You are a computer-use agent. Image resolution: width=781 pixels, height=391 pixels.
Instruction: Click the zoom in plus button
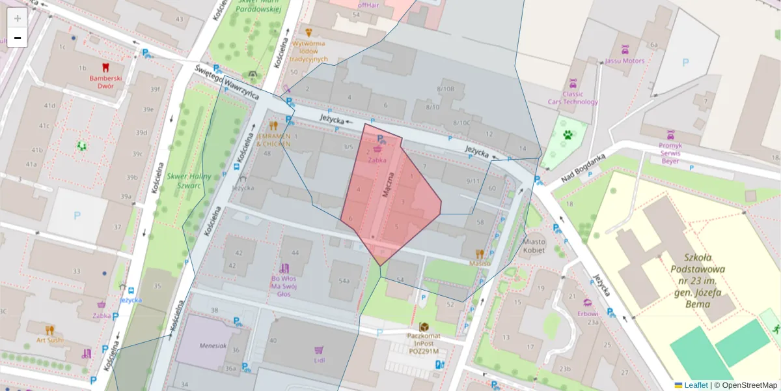[x=17, y=18]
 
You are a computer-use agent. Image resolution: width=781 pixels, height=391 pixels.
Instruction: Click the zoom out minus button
[x=17, y=38]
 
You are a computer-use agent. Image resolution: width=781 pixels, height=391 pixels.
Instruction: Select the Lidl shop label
[x=319, y=360]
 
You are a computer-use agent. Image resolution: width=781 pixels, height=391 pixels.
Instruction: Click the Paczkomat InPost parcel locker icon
[x=424, y=326]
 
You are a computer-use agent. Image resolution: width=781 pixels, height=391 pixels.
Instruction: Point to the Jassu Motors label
[x=625, y=61]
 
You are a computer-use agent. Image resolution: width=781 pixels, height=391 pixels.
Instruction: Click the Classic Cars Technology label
[x=573, y=98]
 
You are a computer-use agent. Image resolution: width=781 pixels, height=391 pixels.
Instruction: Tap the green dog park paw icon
[x=568, y=136]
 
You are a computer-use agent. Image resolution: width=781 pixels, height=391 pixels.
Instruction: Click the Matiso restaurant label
[x=479, y=263]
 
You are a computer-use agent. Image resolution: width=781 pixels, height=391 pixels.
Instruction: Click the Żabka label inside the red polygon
[x=377, y=159]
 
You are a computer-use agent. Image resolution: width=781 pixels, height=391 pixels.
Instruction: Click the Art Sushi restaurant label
[x=50, y=340]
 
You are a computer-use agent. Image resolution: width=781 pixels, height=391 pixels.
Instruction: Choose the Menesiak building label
[x=213, y=346]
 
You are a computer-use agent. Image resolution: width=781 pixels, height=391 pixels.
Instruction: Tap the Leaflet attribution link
[x=695, y=385]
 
